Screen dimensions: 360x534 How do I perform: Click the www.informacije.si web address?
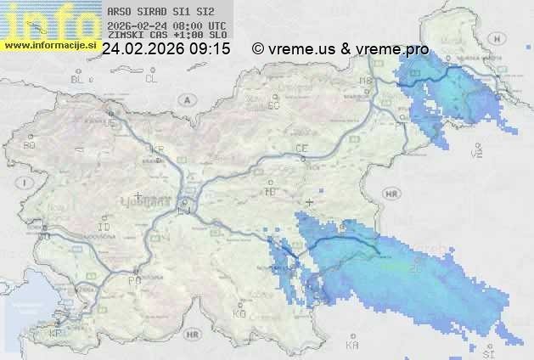[x=51, y=45]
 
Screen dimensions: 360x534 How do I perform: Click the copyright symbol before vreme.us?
[x=259, y=49]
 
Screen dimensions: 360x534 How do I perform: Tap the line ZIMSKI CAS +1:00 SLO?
[x=167, y=35]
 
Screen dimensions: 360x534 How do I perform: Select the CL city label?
[x=151, y=79]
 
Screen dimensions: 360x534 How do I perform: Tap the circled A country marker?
[x=185, y=98]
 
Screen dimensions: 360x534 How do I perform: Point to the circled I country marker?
[x=27, y=183]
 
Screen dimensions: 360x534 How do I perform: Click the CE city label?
[x=301, y=149]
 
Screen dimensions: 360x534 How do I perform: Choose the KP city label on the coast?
[x=56, y=334]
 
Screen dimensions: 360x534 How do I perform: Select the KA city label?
[x=352, y=345]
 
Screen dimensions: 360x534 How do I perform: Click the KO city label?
[x=239, y=313]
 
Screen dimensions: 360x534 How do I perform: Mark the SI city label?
[x=487, y=349]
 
